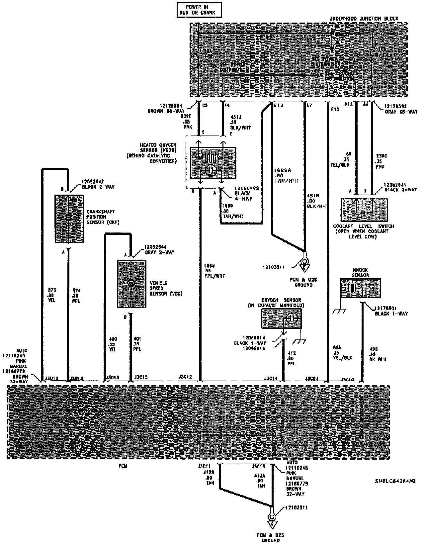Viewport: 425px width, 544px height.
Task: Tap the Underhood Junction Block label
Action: [364, 19]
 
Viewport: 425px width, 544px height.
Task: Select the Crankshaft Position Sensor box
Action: [69, 219]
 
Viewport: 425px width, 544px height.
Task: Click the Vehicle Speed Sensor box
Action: [131, 284]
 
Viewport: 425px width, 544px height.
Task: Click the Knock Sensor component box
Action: [360, 288]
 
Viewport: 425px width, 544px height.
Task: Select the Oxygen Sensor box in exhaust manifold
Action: [281, 318]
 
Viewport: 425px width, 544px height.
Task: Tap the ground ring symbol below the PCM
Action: [272, 518]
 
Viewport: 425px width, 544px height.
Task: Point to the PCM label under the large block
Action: [123, 466]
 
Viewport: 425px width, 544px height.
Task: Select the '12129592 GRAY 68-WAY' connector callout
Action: [400, 109]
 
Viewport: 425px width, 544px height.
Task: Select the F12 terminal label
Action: [335, 109]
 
